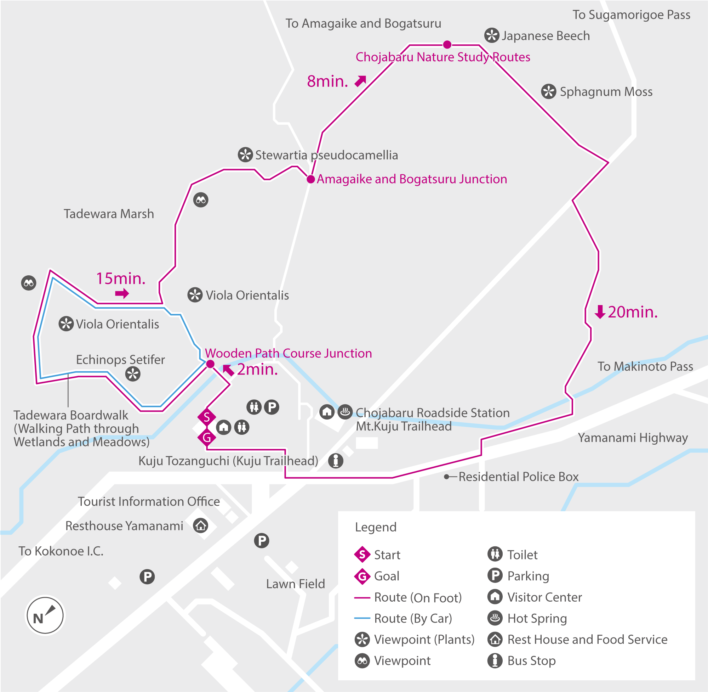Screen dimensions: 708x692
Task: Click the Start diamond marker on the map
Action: (x=207, y=417)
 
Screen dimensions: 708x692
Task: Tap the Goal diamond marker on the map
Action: (x=207, y=437)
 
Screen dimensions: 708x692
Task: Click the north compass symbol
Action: (x=45, y=616)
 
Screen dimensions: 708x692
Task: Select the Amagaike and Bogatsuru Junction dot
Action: (x=311, y=179)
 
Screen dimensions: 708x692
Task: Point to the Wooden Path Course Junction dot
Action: (x=210, y=364)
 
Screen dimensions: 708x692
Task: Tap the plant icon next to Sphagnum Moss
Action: (x=549, y=91)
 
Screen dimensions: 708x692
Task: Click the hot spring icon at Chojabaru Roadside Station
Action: (x=345, y=412)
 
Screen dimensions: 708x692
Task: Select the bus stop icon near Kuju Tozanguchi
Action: (x=336, y=461)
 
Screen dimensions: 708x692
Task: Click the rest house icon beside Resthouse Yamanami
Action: (x=200, y=525)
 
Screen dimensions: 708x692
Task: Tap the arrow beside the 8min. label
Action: (x=360, y=81)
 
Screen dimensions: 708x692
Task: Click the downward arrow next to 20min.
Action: (x=600, y=311)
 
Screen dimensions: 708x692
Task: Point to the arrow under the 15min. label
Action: (x=122, y=293)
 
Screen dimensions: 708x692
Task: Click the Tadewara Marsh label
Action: (x=109, y=214)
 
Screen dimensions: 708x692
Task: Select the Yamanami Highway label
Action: (x=633, y=438)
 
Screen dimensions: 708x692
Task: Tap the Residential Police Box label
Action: (x=518, y=477)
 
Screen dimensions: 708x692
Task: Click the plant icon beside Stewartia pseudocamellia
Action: (x=245, y=155)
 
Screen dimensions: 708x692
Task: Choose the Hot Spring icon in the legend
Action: (x=495, y=618)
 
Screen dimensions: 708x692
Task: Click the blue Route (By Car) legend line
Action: (x=362, y=618)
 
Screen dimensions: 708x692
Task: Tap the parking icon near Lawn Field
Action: (x=261, y=540)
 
